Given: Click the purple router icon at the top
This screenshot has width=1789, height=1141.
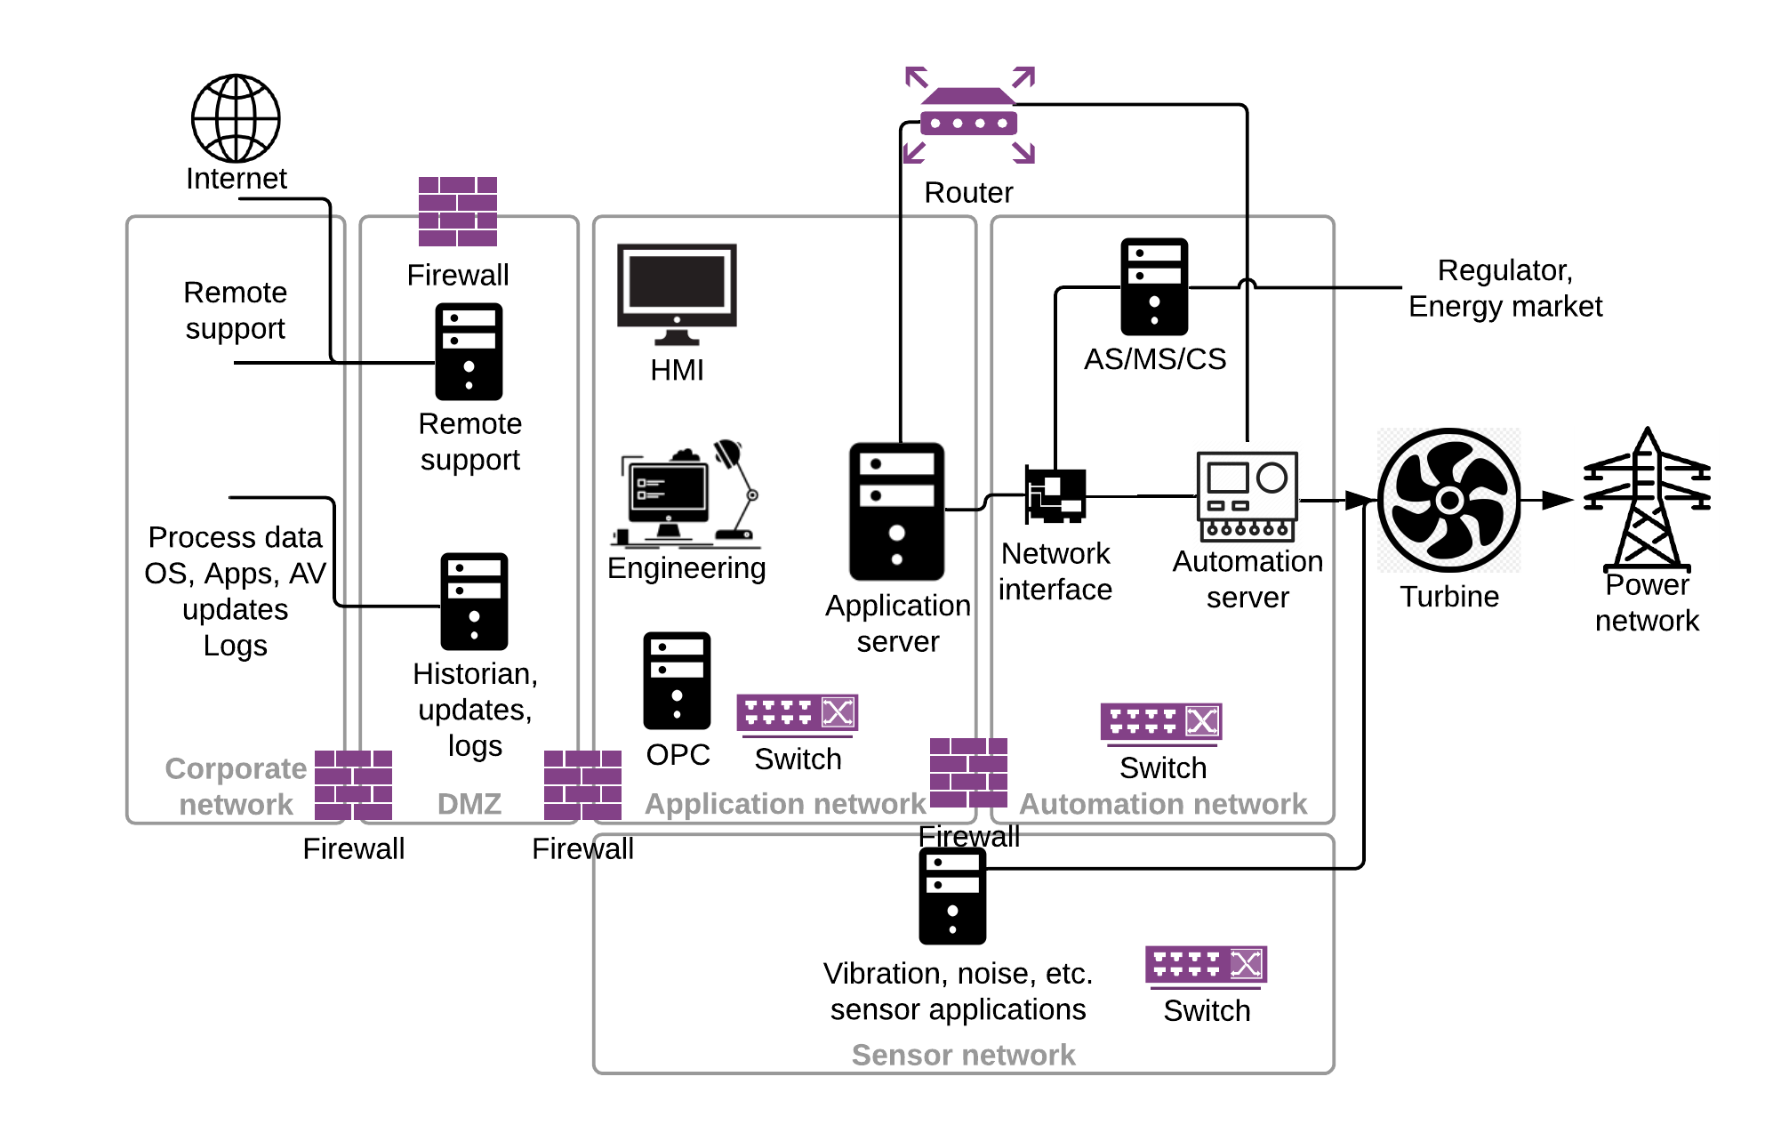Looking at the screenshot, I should point(969,115).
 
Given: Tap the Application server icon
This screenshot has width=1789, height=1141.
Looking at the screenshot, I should point(896,511).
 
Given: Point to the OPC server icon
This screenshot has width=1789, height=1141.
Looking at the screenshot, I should point(677,680).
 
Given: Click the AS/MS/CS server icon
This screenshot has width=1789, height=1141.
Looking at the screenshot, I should point(1154,286).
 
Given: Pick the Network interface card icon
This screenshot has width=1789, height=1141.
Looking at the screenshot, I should point(1055,494).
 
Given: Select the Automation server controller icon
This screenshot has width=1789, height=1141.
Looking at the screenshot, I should point(1247,496).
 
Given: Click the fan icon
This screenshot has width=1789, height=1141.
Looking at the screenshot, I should point(1448,500).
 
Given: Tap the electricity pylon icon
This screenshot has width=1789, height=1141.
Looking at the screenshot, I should point(1646,500).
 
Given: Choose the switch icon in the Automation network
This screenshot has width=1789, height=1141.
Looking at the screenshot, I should point(1161,722).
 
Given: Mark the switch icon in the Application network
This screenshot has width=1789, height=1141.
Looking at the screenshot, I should point(797,713).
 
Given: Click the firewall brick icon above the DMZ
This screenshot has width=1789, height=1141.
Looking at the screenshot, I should point(458,212).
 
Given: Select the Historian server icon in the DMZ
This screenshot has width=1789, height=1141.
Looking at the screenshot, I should point(474,601).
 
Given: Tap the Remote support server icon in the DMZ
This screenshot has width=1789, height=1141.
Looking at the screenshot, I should point(469,351).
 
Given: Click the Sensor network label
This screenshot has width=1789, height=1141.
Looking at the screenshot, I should point(963,1055).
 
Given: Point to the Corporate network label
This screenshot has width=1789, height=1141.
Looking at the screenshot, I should point(236,786).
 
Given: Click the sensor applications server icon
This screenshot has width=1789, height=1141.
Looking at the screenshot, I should point(952,896).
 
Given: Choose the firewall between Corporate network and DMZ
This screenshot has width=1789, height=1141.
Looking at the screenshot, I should point(353,784).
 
